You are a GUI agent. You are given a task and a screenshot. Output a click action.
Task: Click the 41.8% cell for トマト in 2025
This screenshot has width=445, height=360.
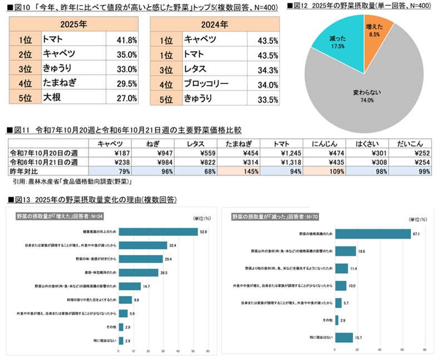122,40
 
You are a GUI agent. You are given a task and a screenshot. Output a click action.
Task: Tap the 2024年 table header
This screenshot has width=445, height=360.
214,24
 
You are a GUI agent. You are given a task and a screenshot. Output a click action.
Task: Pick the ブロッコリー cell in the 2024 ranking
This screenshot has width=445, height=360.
205,85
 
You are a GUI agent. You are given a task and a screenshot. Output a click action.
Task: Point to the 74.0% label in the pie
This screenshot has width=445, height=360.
364,101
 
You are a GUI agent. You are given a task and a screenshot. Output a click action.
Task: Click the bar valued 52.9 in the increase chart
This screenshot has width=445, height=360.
159,232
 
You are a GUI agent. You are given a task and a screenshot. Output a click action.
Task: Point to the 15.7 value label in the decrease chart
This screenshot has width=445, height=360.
358,337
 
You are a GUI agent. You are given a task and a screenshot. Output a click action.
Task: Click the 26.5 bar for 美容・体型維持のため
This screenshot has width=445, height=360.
140,273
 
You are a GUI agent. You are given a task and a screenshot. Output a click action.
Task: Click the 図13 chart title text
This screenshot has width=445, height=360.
78,199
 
